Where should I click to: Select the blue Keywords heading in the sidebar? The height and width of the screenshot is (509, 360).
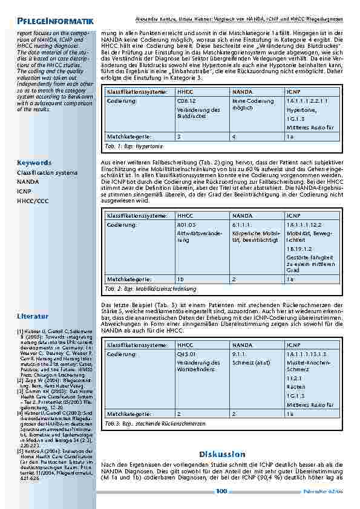point(34,163)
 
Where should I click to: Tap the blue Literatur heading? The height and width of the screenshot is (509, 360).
point(33,316)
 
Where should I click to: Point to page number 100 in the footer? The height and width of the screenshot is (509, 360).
point(221,491)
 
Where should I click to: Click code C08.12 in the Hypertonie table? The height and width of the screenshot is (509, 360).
point(186,102)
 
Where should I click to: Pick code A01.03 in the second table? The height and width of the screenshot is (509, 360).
point(186,224)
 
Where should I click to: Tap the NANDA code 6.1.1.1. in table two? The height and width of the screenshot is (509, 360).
point(242,224)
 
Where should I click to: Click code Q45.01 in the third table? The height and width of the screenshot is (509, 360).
point(186,354)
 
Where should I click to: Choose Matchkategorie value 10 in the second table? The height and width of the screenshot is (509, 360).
point(180,279)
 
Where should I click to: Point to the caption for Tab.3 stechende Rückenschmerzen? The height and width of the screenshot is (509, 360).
point(149,424)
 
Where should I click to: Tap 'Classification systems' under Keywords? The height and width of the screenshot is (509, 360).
point(47,172)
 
